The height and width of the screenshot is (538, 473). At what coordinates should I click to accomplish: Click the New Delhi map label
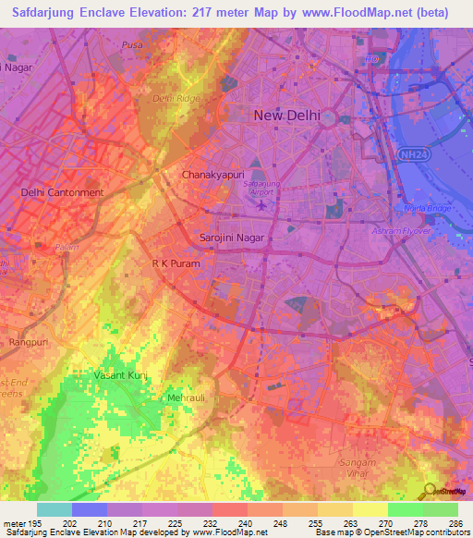pyautogui.click(x=286, y=116)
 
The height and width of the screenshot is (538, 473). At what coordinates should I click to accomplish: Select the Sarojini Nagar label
pyautogui.click(x=232, y=238)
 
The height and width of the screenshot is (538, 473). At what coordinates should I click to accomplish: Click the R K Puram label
pyautogui.click(x=176, y=263)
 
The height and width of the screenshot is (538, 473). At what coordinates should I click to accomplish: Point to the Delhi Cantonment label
pyautogui.click(x=62, y=192)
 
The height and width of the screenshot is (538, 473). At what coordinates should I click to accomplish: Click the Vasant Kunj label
pyautogui.click(x=121, y=375)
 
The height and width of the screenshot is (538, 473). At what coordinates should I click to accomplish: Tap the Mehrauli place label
pyautogui.click(x=185, y=397)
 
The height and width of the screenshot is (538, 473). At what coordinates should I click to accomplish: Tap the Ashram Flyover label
pyautogui.click(x=402, y=230)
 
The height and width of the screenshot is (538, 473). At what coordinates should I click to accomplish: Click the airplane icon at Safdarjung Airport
pyautogui.click(x=262, y=204)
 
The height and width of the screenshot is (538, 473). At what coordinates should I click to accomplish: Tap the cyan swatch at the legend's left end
pyautogui.click(x=54, y=509)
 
